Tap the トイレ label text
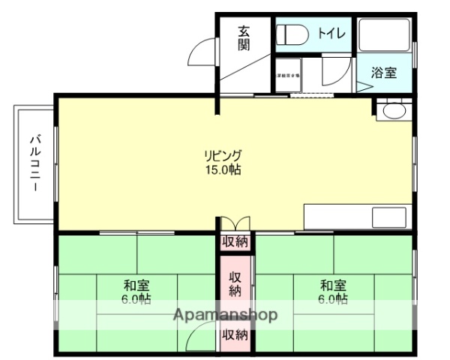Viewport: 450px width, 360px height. (331, 33)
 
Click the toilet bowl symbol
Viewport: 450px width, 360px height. (293, 34)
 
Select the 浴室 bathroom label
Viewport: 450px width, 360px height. (384, 73)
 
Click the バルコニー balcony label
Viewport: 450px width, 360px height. (34, 163)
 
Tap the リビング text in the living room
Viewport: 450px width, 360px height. (223, 155)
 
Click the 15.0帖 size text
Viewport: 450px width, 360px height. (223, 169)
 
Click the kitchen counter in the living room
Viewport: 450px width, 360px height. (357, 217)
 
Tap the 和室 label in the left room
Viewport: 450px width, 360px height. (136, 285)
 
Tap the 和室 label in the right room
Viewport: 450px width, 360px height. (332, 285)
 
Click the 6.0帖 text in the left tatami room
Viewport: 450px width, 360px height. (136, 299)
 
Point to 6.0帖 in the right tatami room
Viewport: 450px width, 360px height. (332, 299)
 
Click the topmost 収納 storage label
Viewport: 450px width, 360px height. (235, 241)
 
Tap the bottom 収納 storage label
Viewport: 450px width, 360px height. (235, 334)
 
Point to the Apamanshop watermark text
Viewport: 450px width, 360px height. (226, 315)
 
